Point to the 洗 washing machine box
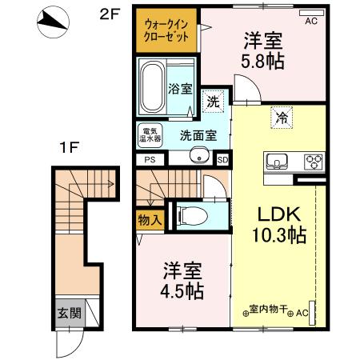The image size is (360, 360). coord(212,102)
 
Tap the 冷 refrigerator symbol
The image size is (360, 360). coord(282,116)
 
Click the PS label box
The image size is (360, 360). coord(150,160)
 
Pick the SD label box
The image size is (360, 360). coord(222,159)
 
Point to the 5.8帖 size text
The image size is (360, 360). coord(263,60)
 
